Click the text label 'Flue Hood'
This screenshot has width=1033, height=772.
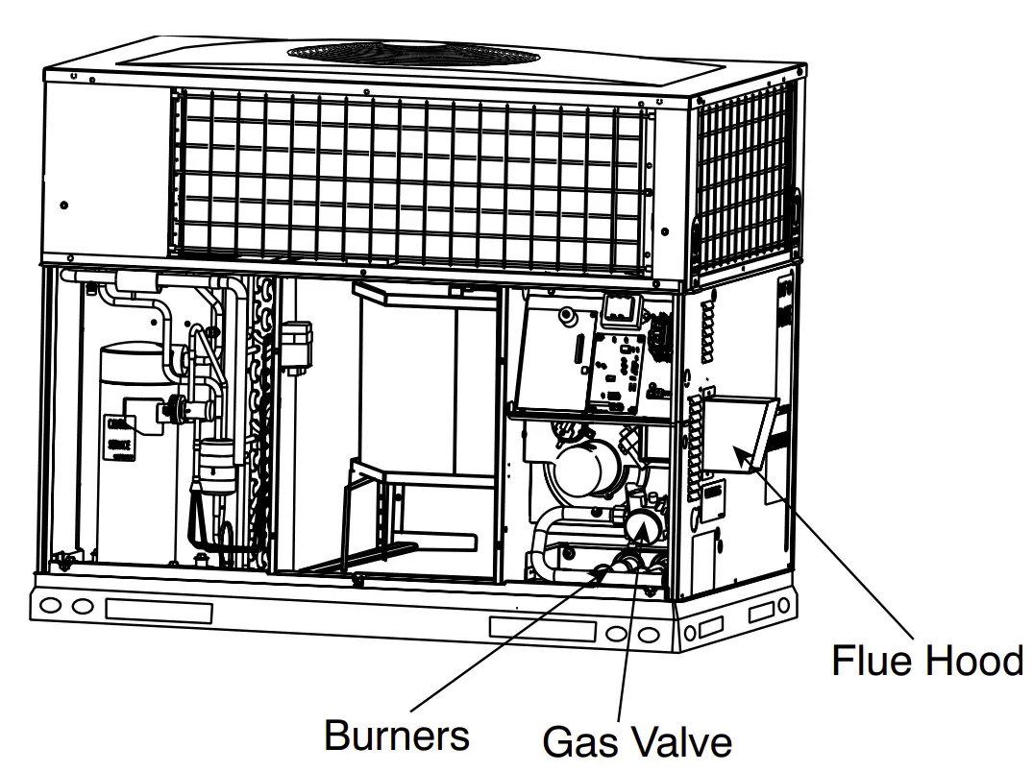point(926,662)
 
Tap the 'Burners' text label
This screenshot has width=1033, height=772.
point(396,736)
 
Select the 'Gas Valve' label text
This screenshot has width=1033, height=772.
point(636,742)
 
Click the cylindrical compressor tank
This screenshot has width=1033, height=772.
point(134,451)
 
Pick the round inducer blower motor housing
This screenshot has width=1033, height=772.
point(581,470)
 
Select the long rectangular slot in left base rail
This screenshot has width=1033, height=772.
point(158,610)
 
